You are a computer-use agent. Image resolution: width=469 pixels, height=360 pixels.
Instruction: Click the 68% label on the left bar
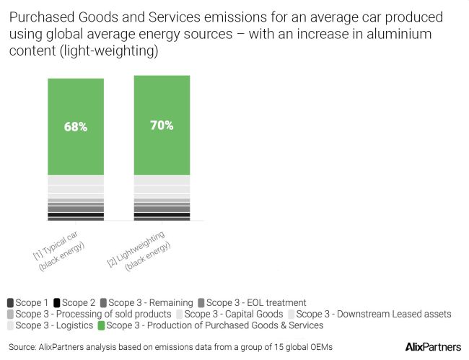point(76,127)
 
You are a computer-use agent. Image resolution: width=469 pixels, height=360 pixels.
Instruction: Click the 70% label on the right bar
point(162,125)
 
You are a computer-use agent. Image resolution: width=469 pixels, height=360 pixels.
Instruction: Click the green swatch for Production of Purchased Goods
point(102,325)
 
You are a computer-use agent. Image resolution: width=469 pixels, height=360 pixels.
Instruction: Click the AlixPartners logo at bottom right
point(433,347)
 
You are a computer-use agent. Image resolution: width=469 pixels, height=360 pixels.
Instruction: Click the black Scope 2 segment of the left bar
point(76,215)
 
